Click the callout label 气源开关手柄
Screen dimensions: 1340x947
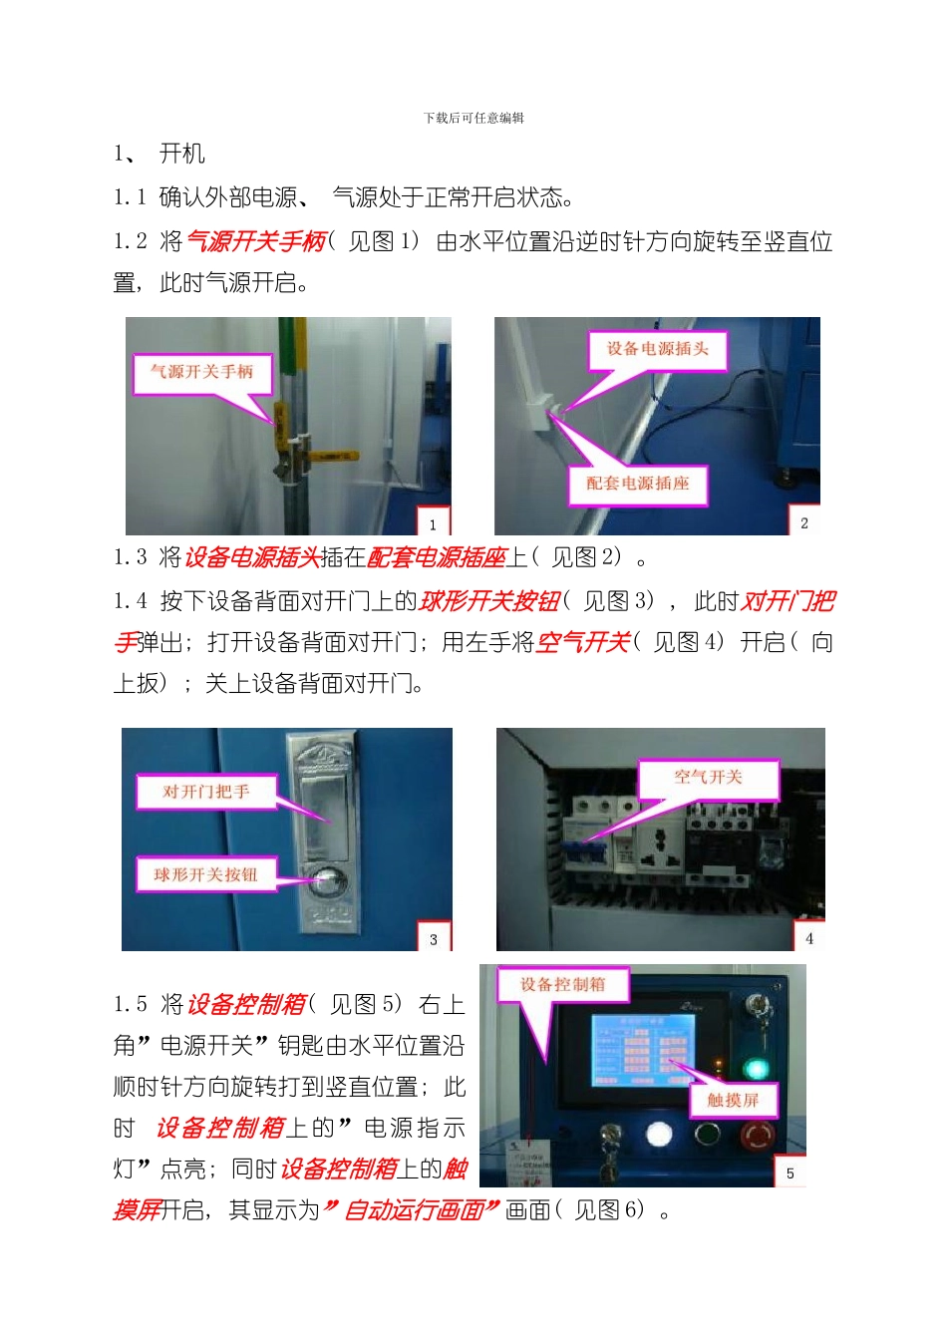202,372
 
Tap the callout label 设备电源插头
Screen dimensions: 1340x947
657,349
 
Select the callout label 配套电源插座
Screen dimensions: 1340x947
637,484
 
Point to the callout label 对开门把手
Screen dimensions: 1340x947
206,792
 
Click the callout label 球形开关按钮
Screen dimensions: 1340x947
205,874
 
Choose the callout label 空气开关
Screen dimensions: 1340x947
708,777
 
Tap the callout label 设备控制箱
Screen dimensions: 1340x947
562,984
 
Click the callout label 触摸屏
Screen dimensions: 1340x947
733,1100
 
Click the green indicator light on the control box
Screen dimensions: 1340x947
758,1069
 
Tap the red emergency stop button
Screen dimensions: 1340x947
758,1136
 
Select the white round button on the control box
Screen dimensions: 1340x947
659,1135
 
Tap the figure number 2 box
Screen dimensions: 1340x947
804,522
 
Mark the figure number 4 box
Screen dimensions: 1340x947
808,937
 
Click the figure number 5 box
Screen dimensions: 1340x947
789,1172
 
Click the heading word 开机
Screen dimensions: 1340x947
182,154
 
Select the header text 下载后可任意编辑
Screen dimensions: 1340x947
473,118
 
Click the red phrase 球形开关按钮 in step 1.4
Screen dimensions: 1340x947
489,601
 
